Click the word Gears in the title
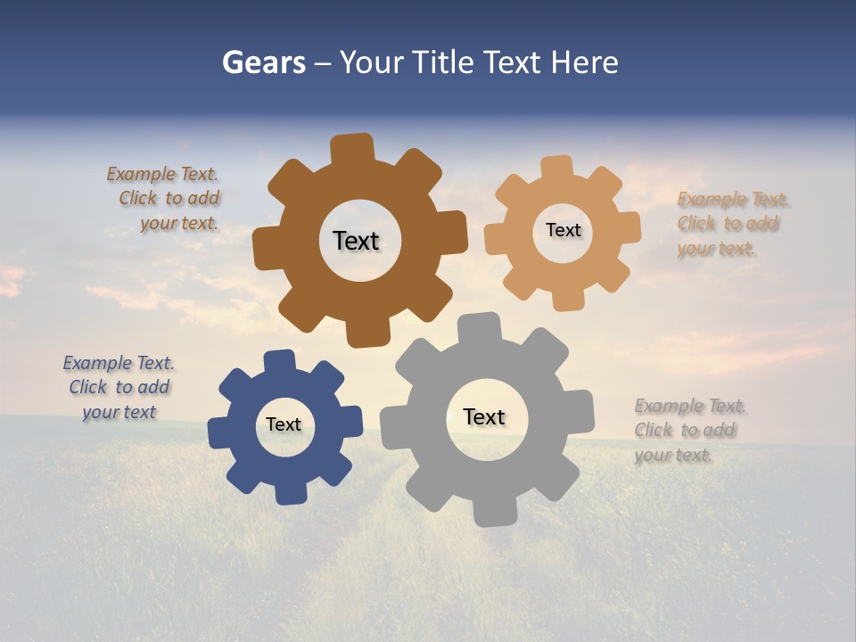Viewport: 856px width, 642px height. pyautogui.click(x=263, y=62)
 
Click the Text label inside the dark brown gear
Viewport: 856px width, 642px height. pyautogui.click(x=356, y=241)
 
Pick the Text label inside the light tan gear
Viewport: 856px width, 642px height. pyautogui.click(x=563, y=230)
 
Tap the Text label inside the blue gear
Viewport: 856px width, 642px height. pyautogui.click(x=284, y=424)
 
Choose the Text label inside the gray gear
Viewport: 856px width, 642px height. pyautogui.click(x=484, y=416)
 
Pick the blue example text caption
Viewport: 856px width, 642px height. pyautogui.click(x=119, y=388)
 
